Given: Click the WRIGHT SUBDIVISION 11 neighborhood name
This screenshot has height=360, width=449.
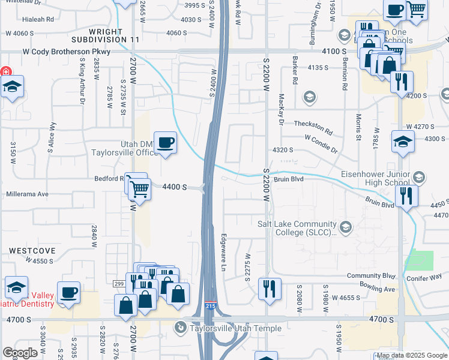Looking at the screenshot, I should click(x=114, y=35).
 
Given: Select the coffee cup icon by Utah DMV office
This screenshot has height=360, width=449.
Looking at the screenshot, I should click(x=165, y=143).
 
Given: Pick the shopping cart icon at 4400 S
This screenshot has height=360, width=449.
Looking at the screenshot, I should click(x=139, y=188).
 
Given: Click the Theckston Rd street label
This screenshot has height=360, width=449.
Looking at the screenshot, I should click(x=313, y=126).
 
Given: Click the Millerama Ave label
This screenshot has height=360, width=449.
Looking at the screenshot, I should click(x=26, y=194).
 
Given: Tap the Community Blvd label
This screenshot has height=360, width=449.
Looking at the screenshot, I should click(x=371, y=276).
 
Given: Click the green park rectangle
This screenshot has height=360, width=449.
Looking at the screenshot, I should click(x=419, y=260).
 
